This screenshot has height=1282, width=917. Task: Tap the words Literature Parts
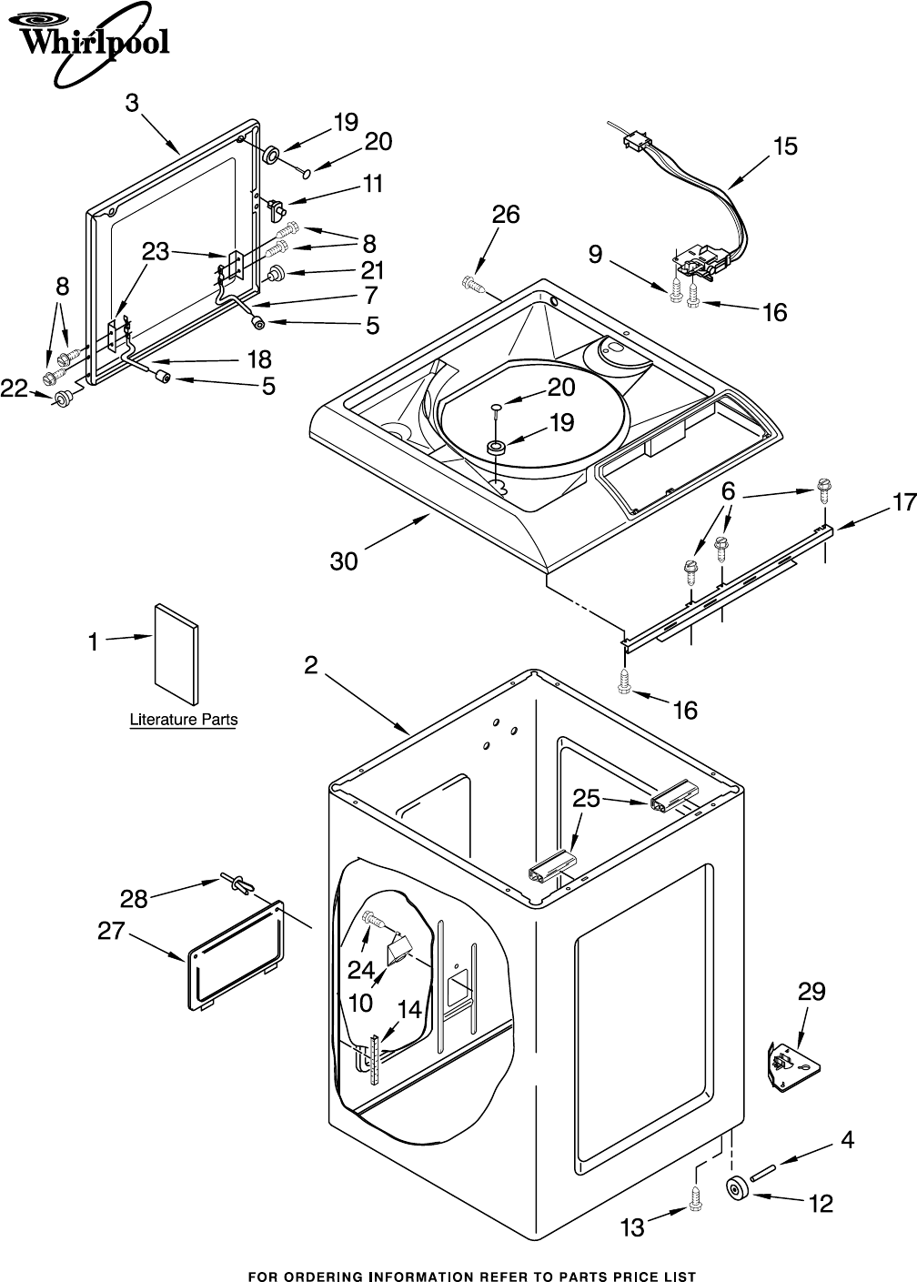pyautogui.click(x=184, y=720)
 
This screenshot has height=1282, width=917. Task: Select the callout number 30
pyautogui.click(x=344, y=561)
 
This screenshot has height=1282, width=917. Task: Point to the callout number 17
pyautogui.click(x=904, y=502)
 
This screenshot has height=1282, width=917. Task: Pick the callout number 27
pyautogui.click(x=111, y=931)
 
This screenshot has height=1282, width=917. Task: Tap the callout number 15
pyautogui.click(x=785, y=146)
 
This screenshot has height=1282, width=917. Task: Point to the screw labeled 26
pyautogui.click(x=473, y=285)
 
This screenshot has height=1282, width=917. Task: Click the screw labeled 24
pyautogui.click(x=375, y=921)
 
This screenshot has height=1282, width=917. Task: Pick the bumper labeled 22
pyautogui.click(x=63, y=399)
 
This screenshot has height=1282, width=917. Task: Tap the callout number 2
pyautogui.click(x=311, y=665)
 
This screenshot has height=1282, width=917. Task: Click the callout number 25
pyautogui.click(x=586, y=798)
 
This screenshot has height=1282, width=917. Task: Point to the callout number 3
pyautogui.click(x=132, y=103)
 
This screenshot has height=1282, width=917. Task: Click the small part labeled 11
pyautogui.click(x=277, y=207)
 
